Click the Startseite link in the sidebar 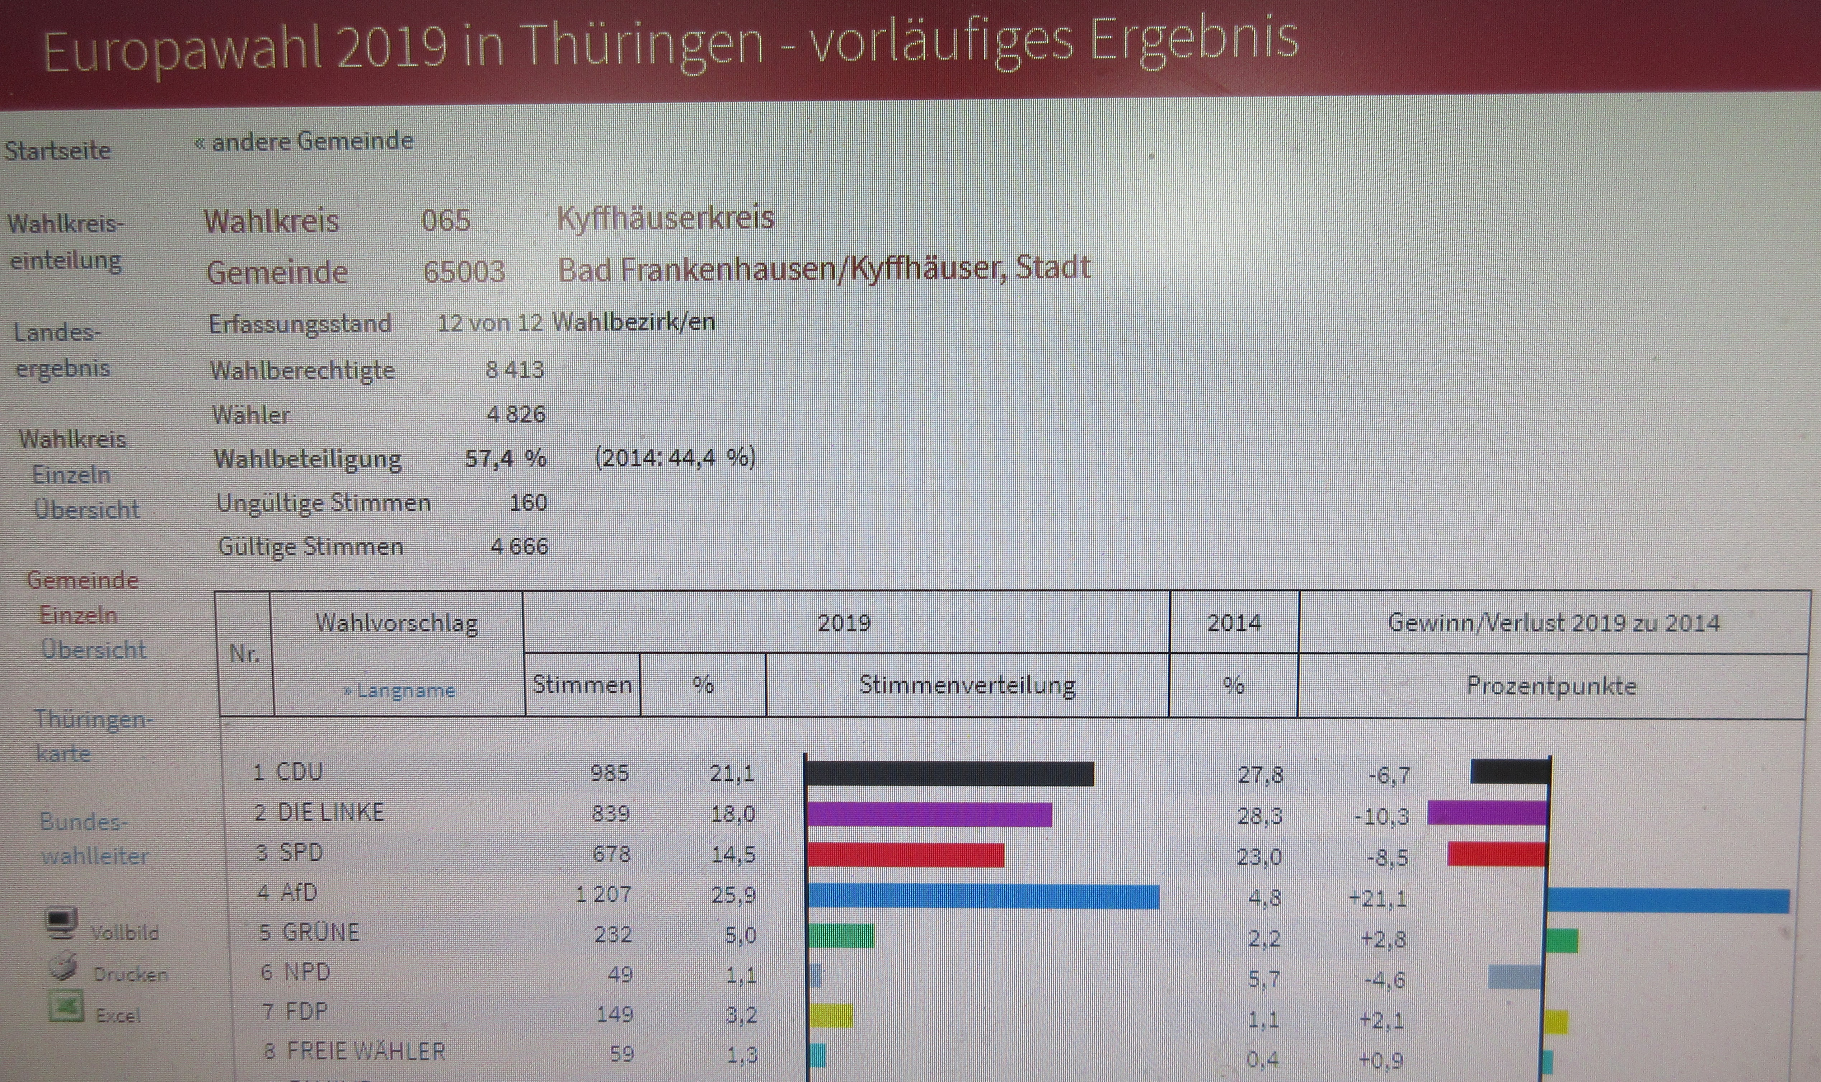tap(58, 150)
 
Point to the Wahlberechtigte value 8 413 tap(515, 370)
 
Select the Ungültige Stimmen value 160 tap(528, 502)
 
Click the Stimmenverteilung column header tap(967, 685)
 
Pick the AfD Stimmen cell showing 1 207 tap(604, 894)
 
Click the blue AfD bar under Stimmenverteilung tap(983, 896)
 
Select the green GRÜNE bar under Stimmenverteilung tap(841, 935)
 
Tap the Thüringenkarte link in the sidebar tap(92, 736)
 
